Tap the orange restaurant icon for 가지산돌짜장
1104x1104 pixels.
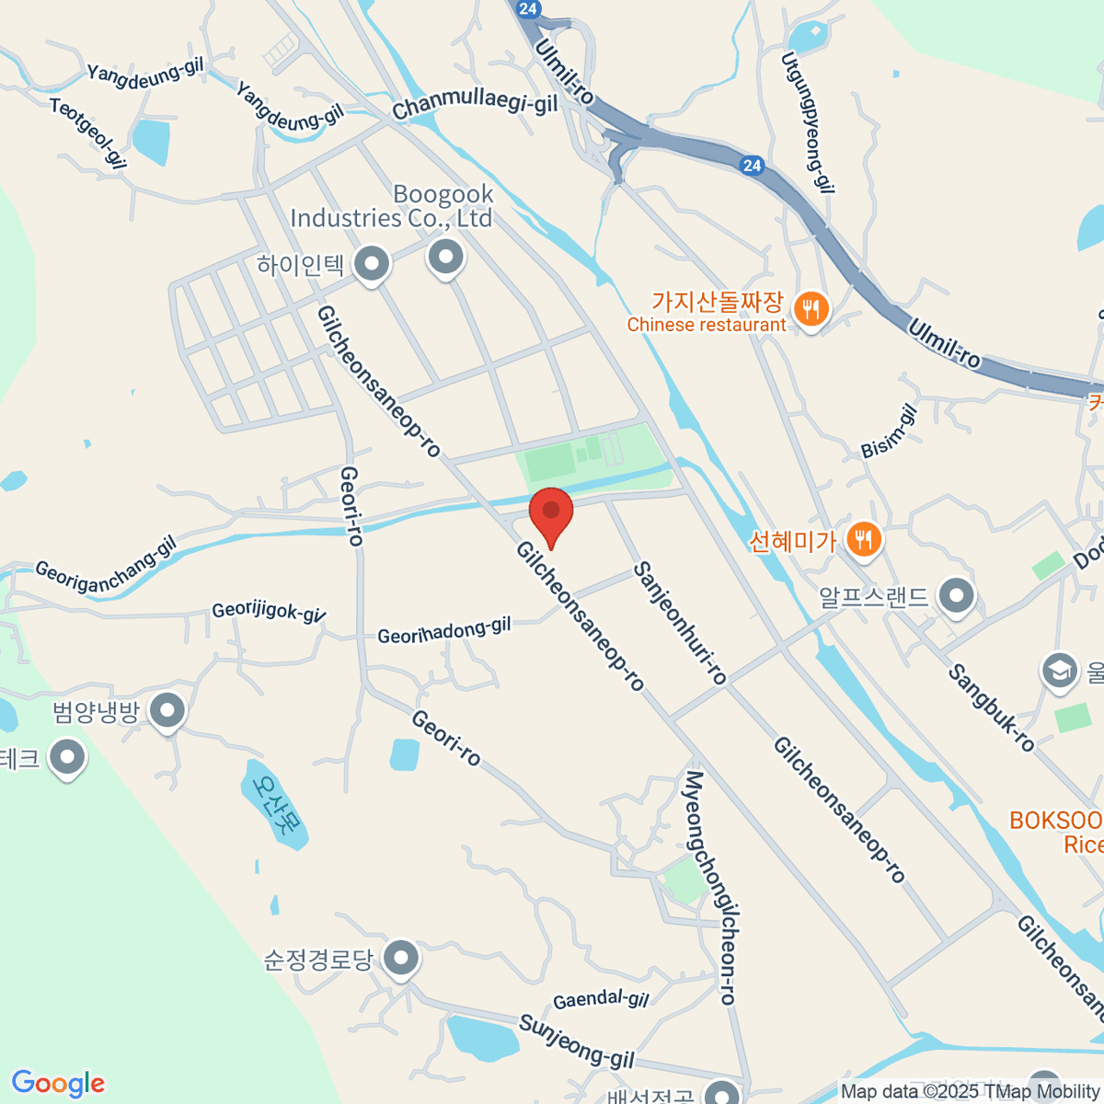pos(810,309)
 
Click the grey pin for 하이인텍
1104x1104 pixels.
pos(372,264)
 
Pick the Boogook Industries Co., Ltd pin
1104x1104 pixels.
pos(446,257)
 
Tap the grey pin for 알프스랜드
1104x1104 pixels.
pos(957,595)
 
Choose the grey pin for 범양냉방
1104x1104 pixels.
pos(167,710)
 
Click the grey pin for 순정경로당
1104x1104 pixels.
pos(400,959)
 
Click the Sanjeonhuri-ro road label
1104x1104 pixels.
pos(680,623)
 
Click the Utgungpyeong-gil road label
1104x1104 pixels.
pos(808,122)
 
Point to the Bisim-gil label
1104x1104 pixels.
pos(889,432)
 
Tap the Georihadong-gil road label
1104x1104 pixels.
pos(443,631)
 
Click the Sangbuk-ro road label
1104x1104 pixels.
pos(991,707)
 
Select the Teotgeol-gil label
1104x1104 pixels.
pos(87,134)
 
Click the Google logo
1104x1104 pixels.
pos(58,1084)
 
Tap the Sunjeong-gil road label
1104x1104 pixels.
pos(576,1041)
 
